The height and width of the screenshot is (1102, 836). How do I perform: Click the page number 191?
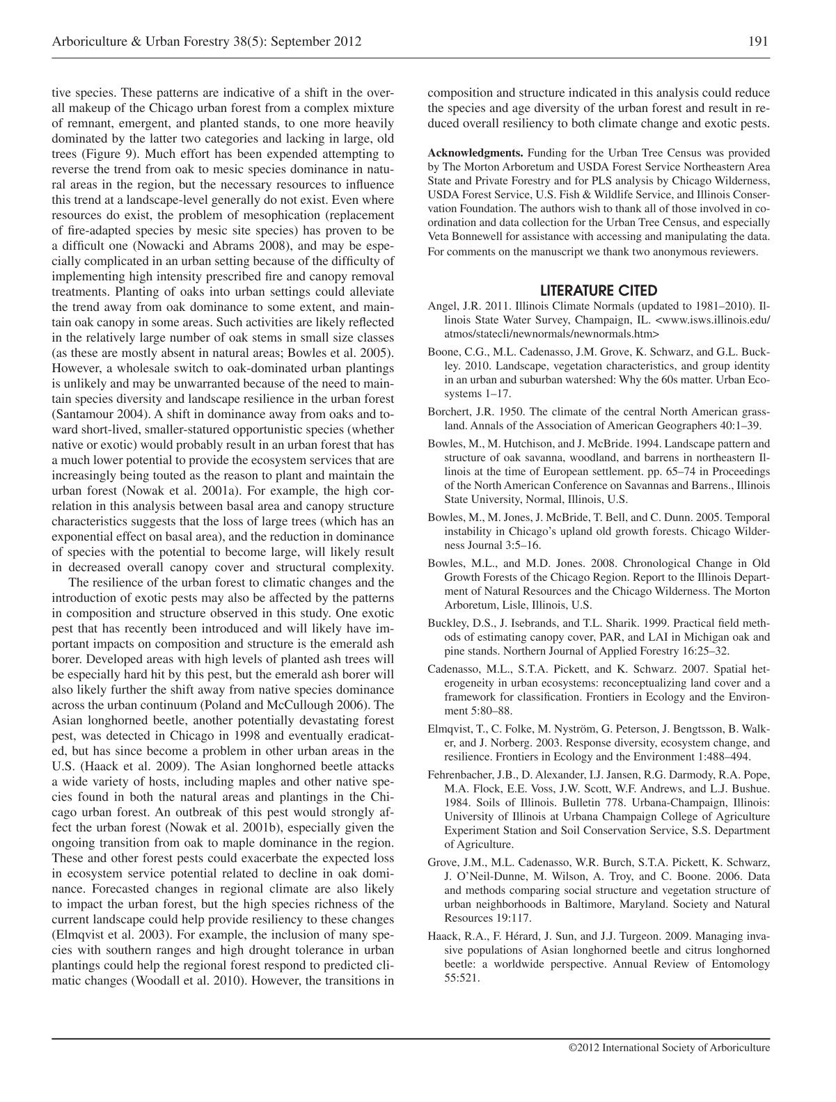coord(758,41)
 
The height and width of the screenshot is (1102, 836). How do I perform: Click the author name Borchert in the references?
coord(452,411)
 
